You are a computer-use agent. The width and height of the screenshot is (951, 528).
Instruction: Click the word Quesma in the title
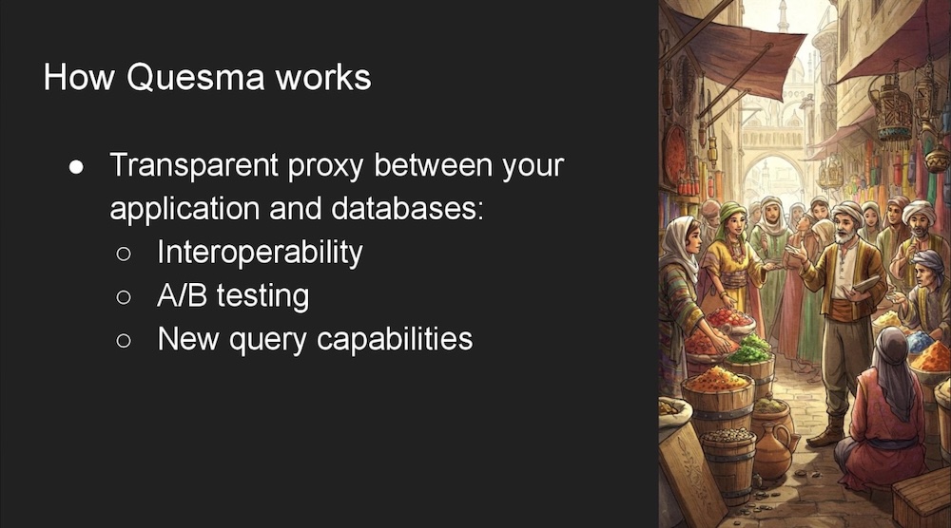pyautogui.click(x=196, y=78)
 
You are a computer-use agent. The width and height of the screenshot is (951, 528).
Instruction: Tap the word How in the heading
pyautogui.click(x=79, y=78)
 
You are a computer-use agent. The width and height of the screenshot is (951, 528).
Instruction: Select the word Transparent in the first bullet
pyautogui.click(x=194, y=165)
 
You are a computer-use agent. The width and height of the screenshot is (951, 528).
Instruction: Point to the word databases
pyautogui.click(x=407, y=208)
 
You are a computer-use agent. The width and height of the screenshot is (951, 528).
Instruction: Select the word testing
pyautogui.click(x=262, y=296)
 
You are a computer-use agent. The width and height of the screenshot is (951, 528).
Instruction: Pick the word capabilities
pyautogui.click(x=395, y=339)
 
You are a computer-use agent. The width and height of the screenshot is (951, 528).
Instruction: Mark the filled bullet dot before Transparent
pyautogui.click(x=76, y=167)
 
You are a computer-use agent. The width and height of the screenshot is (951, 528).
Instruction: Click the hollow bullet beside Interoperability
pyautogui.click(x=123, y=254)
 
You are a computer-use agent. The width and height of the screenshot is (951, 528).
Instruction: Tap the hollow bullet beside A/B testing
pyautogui.click(x=123, y=296)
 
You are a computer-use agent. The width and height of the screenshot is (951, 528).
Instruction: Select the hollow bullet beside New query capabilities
pyautogui.click(x=123, y=340)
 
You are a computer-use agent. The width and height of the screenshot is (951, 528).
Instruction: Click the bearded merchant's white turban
pyautogui.click(x=847, y=213)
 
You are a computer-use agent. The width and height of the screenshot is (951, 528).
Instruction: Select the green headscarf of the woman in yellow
pyautogui.click(x=730, y=216)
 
